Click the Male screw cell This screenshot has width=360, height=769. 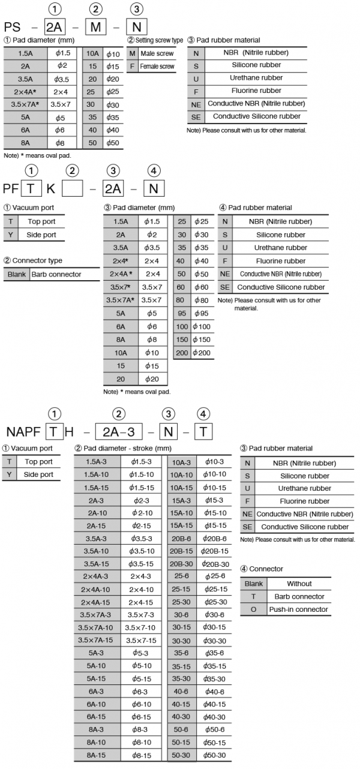157,53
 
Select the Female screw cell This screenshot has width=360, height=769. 157,67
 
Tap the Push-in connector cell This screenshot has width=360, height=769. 298,609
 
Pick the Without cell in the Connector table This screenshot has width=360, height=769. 298,584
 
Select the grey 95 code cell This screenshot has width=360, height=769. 182,313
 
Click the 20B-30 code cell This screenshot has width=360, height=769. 181,564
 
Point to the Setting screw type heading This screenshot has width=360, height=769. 155,40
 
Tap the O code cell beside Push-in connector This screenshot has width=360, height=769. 253,609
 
